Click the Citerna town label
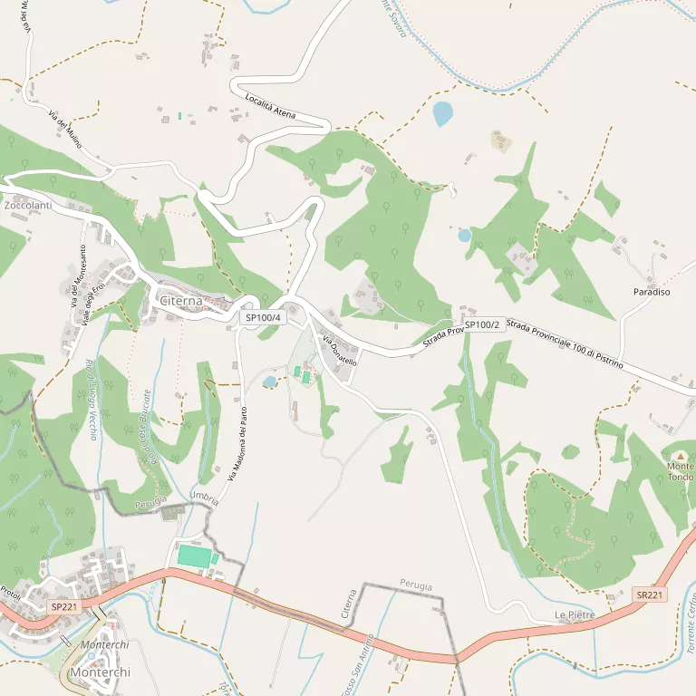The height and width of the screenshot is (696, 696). pos(179,300)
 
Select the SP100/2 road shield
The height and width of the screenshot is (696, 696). pos(481,324)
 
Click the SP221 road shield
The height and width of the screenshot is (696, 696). pos(63,606)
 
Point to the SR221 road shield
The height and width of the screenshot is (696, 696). pos(650,595)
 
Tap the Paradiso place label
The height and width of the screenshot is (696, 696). pos(651,293)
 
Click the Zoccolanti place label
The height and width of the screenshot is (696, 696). pos(27,207)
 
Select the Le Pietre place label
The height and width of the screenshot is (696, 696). pos(575,615)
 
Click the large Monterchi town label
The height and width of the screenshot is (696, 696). pos(100,672)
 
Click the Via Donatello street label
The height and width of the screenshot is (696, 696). pos(339,350)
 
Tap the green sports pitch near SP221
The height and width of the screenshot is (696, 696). pos(193,556)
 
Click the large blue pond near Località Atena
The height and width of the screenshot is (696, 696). pos(442,113)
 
